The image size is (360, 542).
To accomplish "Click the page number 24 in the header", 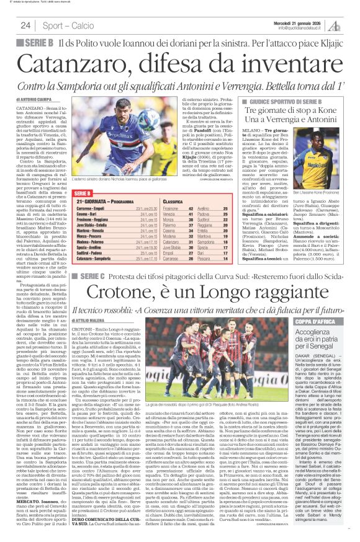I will point(26,25).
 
